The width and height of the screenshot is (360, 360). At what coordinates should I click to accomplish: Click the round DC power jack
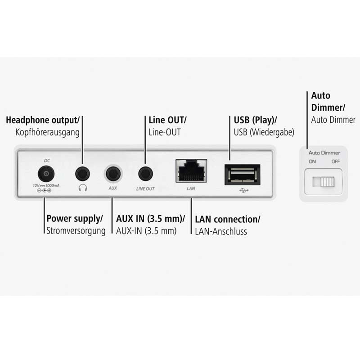[x=45, y=173]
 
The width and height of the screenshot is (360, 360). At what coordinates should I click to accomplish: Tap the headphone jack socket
[x=82, y=173]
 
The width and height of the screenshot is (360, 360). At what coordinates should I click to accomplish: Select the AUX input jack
[x=113, y=173]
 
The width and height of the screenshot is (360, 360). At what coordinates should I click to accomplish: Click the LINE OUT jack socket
[x=145, y=173]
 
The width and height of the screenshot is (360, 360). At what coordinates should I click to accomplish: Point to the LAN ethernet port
[x=191, y=171]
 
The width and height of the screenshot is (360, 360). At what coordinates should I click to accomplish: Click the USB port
[x=242, y=174]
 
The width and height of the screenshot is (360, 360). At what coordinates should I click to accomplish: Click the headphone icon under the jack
[x=82, y=189]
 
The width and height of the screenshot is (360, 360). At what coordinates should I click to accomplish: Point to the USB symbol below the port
[x=243, y=190]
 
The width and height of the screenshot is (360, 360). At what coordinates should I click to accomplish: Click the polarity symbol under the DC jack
[x=44, y=191]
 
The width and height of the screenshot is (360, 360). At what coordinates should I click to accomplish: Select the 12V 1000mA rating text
[x=44, y=185]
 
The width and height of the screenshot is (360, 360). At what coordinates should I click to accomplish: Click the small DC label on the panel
[x=46, y=160]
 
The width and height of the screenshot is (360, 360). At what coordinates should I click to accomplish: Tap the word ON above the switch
[x=312, y=161]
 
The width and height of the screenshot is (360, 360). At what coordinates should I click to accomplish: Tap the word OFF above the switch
[x=336, y=161]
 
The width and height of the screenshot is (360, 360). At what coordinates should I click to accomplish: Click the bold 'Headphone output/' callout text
[x=42, y=120]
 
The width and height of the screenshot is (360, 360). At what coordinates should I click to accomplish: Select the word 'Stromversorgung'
[x=76, y=231]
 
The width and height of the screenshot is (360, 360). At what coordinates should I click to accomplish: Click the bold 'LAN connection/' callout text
[x=227, y=220]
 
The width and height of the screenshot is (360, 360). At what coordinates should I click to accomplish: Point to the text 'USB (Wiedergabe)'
[x=264, y=132]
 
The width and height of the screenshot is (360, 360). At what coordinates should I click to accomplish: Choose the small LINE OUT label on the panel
[x=145, y=189]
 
